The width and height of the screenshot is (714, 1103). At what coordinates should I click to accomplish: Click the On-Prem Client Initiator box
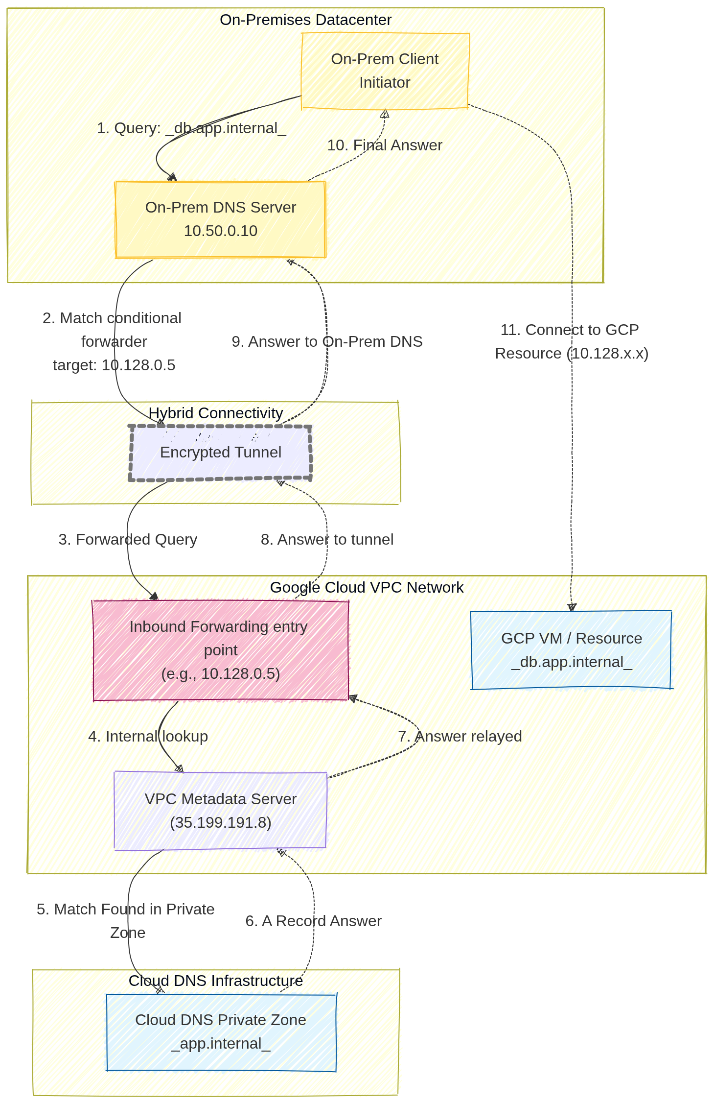[385, 71]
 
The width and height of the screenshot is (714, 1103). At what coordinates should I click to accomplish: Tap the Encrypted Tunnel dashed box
[220, 453]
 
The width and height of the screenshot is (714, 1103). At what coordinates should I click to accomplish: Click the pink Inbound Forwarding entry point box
[220, 650]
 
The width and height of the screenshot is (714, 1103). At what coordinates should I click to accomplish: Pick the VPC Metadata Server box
[220, 811]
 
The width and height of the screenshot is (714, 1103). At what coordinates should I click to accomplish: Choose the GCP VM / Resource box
[571, 650]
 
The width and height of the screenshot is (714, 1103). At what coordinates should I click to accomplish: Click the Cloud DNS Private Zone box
[220, 1031]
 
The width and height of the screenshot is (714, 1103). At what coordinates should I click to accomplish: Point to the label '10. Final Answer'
[385, 145]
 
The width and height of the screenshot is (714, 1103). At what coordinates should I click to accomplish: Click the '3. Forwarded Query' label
[128, 539]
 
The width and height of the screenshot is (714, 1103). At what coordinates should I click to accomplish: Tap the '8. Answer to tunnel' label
[327, 539]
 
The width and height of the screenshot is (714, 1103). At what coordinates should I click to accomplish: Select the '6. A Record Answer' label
[313, 921]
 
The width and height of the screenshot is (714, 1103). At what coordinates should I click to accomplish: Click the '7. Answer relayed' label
[460, 736]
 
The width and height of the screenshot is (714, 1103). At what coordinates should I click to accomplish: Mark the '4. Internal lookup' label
[148, 736]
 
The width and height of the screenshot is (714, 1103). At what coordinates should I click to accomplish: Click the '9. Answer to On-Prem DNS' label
[327, 341]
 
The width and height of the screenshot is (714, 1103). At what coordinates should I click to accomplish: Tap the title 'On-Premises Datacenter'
[305, 20]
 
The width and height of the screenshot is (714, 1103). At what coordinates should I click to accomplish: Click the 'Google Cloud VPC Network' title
[367, 587]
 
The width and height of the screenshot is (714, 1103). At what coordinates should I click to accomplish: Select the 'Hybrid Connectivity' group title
[215, 413]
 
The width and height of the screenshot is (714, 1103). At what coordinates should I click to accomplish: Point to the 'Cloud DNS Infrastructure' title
[215, 981]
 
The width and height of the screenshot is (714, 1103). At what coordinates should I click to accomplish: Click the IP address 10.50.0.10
[220, 231]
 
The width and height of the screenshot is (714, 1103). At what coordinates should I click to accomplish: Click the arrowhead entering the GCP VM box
[572, 607]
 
